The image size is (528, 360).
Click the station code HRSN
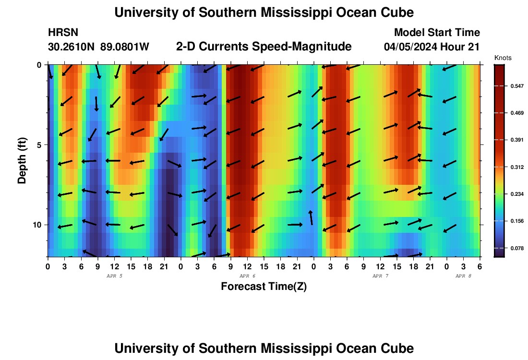click(x=63, y=33)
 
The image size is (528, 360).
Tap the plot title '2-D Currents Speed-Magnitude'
click(x=264, y=47)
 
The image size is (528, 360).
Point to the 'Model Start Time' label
click(x=437, y=33)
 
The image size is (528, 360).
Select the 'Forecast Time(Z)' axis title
click(x=264, y=287)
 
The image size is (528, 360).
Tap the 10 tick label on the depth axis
click(x=40, y=225)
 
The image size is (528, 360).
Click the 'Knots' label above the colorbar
click(x=503, y=58)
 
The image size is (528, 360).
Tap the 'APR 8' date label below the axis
click(x=463, y=276)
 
